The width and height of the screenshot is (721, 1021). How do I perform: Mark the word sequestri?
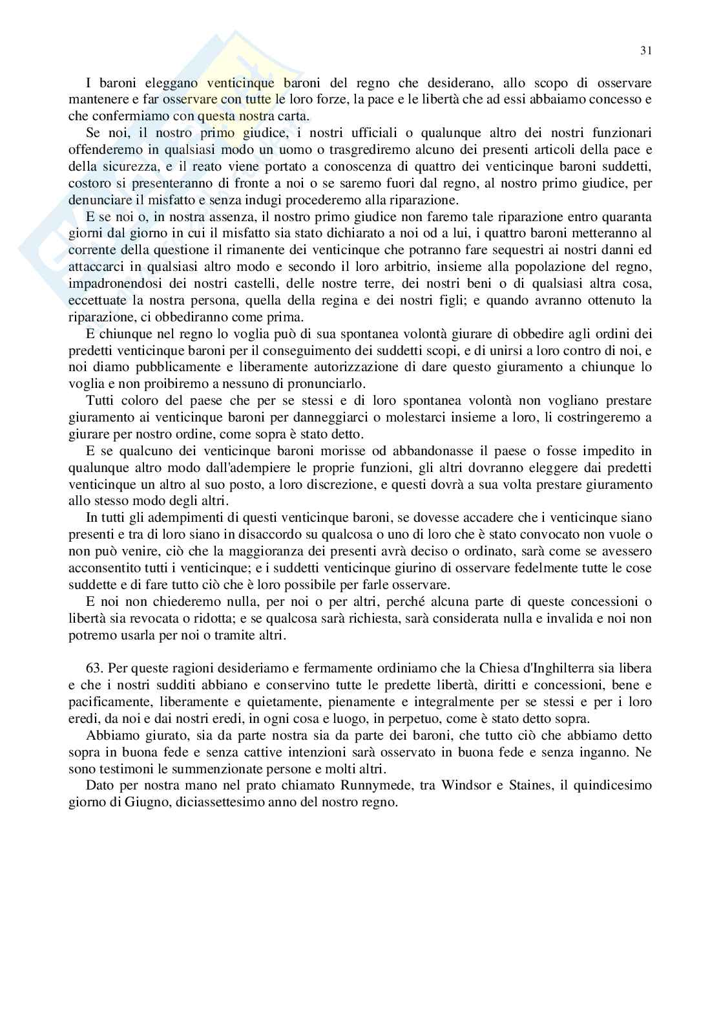(513, 250)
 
